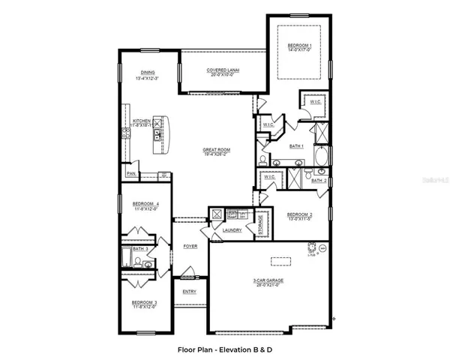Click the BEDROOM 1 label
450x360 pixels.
click(299, 46)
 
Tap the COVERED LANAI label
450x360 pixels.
click(223, 70)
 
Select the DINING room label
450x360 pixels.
click(148, 73)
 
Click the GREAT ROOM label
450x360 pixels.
click(217, 150)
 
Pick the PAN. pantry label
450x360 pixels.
click(131, 174)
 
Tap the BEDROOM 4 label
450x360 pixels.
click(146, 204)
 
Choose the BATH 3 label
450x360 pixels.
click(140, 247)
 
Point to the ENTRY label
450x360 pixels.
click(189, 292)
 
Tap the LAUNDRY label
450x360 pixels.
click(232, 230)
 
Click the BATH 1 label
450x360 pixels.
click(296, 145)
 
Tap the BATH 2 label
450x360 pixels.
click(319, 181)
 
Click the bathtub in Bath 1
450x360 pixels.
click(322, 158)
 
